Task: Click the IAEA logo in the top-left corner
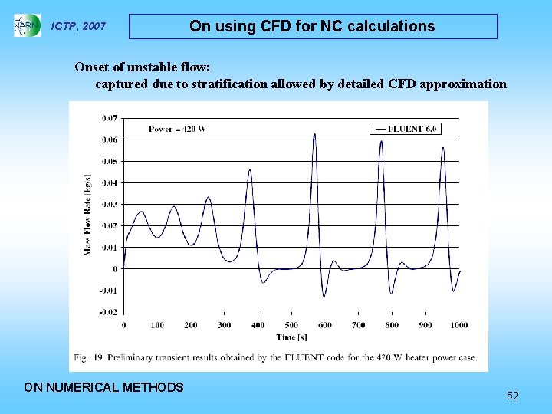pyautogui.click(x=27, y=26)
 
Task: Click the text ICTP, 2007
pyautogui.click(x=78, y=27)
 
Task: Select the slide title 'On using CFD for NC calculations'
pyautogui.click(x=312, y=26)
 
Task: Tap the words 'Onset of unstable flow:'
pyautogui.click(x=142, y=67)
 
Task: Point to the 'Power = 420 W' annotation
pyautogui.click(x=177, y=129)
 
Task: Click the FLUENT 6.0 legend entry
pyautogui.click(x=406, y=129)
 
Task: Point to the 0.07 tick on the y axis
pyautogui.click(x=110, y=118)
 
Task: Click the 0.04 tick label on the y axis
pyautogui.click(x=110, y=182)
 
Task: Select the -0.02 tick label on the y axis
pyautogui.click(x=109, y=312)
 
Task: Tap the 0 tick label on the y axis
pyautogui.click(x=116, y=269)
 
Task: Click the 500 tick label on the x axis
pyautogui.click(x=291, y=325)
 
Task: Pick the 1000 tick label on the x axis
pyautogui.click(x=458, y=325)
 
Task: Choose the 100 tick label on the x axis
pyautogui.click(x=157, y=325)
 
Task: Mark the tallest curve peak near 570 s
pyautogui.click(x=314, y=134)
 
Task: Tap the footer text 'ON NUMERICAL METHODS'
pyautogui.click(x=104, y=387)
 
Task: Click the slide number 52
pyautogui.click(x=513, y=396)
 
